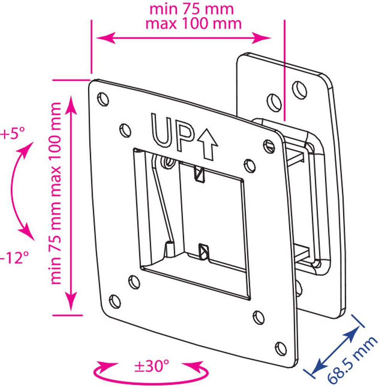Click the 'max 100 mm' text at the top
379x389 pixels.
(193, 24)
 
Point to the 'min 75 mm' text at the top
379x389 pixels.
(192, 9)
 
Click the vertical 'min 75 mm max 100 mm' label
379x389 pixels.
(56, 193)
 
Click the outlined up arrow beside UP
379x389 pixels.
(208, 144)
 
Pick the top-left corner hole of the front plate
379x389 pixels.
(103, 99)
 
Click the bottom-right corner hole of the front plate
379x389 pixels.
(281, 348)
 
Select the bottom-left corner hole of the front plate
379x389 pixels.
(115, 301)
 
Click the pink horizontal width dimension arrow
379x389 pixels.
(183, 38)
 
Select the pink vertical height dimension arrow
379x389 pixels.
(72, 203)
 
